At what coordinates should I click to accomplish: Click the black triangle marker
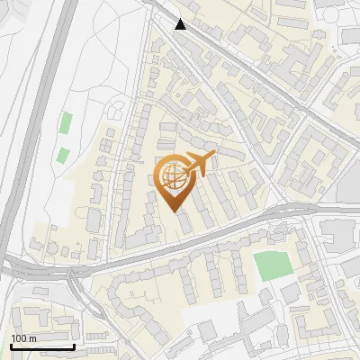tap(181, 24)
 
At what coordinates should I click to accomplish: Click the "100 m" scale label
tap(23, 338)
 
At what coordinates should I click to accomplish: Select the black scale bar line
tap(42, 346)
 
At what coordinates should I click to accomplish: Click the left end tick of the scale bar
tap(12, 345)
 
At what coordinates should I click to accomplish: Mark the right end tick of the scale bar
tap(74, 345)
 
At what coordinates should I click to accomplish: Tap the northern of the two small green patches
tap(66, 123)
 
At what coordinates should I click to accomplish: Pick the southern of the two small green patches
tap(61, 154)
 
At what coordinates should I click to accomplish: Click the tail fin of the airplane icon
tap(211, 157)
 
